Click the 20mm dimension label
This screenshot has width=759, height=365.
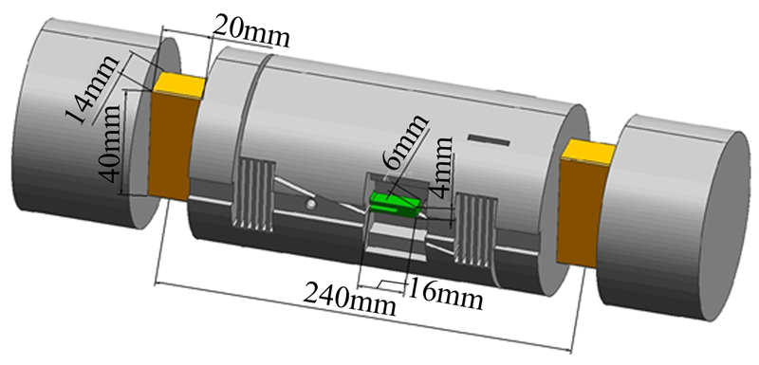click(251, 32)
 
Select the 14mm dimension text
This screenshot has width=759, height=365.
click(92, 89)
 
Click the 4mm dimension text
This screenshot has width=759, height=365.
click(441, 167)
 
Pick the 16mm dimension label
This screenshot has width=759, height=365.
click(446, 295)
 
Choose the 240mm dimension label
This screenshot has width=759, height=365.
click(349, 298)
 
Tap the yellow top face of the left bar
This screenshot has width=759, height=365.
click(180, 85)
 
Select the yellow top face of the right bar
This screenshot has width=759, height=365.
click(587, 152)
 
